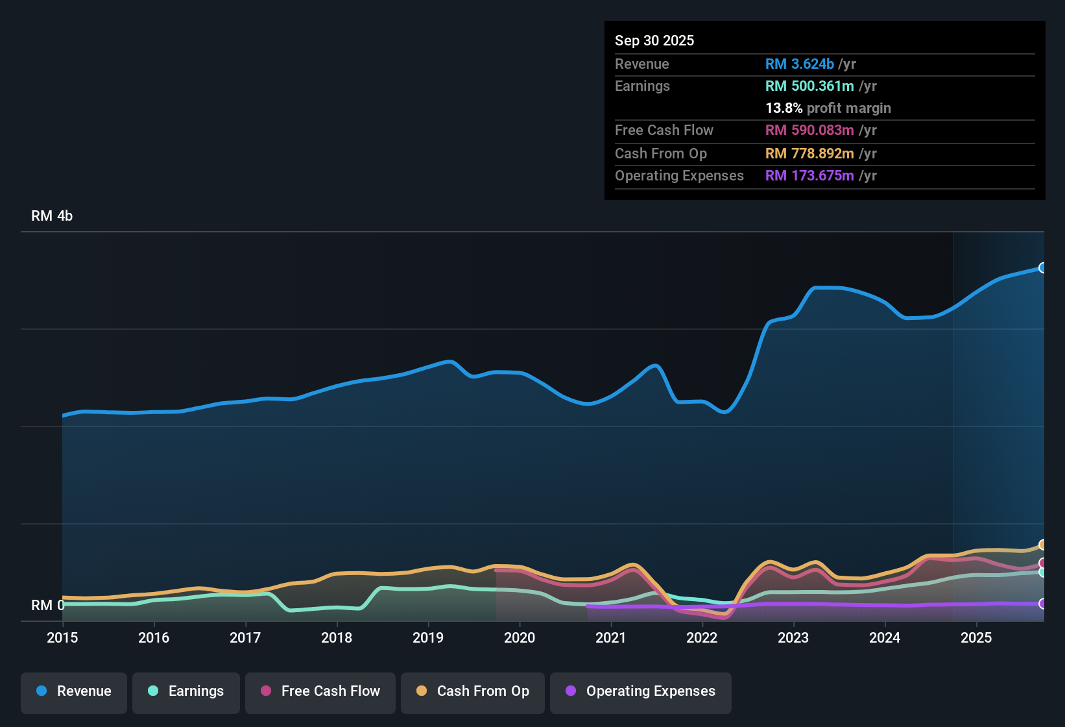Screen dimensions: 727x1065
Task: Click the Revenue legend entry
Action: pos(74,691)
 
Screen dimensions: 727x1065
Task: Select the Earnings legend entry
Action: pos(186,691)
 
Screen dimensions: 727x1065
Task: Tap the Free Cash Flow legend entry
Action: pos(320,691)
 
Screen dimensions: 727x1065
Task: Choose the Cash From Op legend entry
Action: pos(473,691)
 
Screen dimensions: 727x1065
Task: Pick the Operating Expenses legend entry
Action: pos(641,691)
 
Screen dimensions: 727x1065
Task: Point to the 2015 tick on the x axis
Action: pos(62,637)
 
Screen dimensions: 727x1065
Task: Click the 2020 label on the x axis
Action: pos(520,637)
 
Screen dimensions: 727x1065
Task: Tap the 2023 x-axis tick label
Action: pos(793,637)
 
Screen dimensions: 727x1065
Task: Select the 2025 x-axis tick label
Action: pos(976,637)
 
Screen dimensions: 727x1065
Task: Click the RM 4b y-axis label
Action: pos(52,216)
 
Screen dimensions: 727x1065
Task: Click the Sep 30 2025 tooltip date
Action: pos(654,40)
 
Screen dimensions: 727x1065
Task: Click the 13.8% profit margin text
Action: pos(828,108)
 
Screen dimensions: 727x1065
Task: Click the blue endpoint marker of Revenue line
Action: pos(1042,267)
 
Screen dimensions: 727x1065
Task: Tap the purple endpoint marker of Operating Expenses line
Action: pos(1042,604)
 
